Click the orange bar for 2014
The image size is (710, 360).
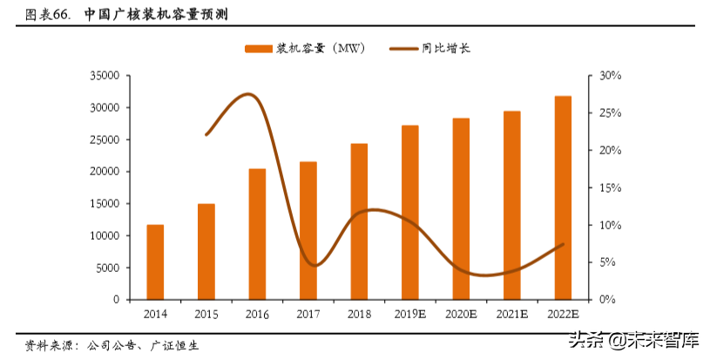155,262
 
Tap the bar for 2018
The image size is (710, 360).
359,221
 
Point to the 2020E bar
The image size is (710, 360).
461,208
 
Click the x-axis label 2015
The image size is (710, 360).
206,314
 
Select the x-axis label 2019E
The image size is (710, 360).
409,314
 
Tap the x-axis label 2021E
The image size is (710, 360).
512,314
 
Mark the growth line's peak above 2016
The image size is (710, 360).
249,94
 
